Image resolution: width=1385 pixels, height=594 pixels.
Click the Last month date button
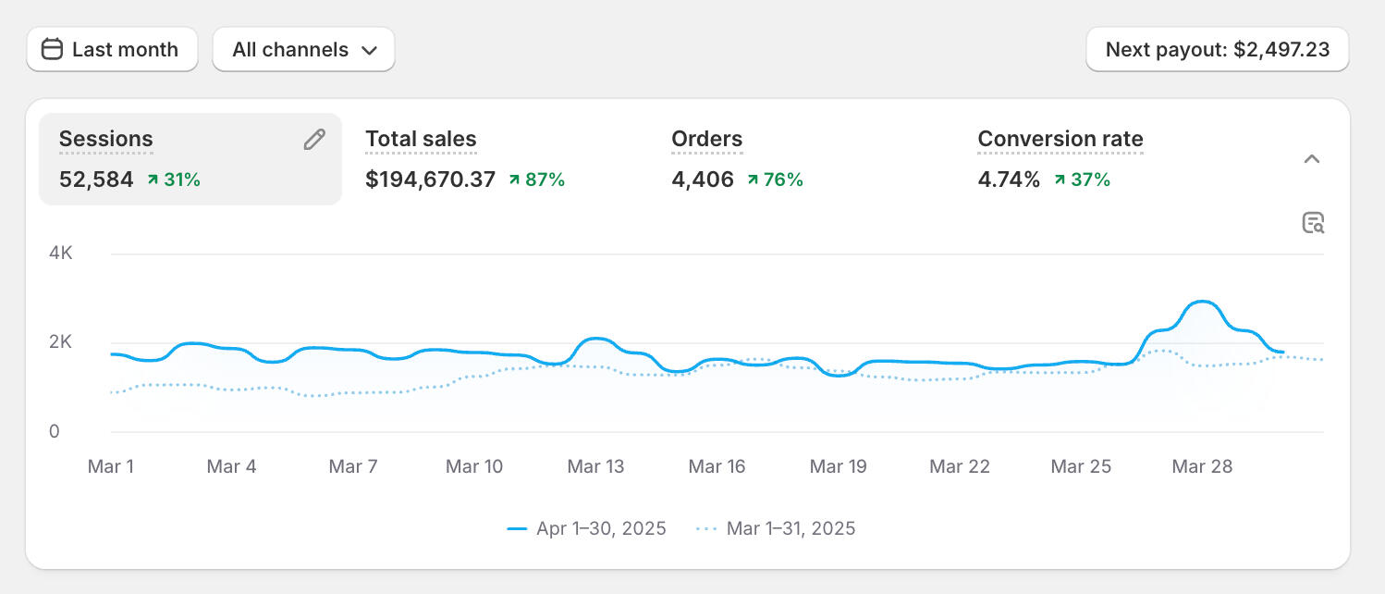click(112, 50)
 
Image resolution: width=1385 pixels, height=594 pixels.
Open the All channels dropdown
click(303, 50)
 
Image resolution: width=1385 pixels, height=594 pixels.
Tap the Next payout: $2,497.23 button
click(1217, 50)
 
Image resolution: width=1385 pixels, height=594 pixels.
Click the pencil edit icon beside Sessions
click(314, 140)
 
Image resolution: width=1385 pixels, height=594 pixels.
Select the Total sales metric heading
click(421, 140)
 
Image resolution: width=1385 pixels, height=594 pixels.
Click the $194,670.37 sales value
click(430, 179)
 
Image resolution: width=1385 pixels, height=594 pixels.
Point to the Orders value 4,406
click(702, 179)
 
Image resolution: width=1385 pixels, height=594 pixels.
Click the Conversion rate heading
click(1060, 140)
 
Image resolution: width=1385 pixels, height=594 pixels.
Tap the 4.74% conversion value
click(1009, 179)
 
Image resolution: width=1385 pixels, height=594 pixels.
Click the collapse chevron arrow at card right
click(1311, 159)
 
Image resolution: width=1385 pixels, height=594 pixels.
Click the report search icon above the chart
click(1313, 223)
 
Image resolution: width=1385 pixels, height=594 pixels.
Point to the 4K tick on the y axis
click(61, 254)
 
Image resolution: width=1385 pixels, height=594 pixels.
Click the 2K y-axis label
click(61, 342)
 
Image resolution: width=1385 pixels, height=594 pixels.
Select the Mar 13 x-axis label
click(595, 466)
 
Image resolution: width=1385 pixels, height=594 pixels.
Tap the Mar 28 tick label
click(1201, 466)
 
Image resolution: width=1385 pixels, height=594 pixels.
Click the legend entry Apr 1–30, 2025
click(587, 529)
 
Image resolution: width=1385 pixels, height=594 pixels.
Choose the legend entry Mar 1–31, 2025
click(776, 529)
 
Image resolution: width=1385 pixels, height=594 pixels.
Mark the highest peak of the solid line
click(1201, 302)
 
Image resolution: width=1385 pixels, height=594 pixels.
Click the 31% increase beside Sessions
click(174, 179)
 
